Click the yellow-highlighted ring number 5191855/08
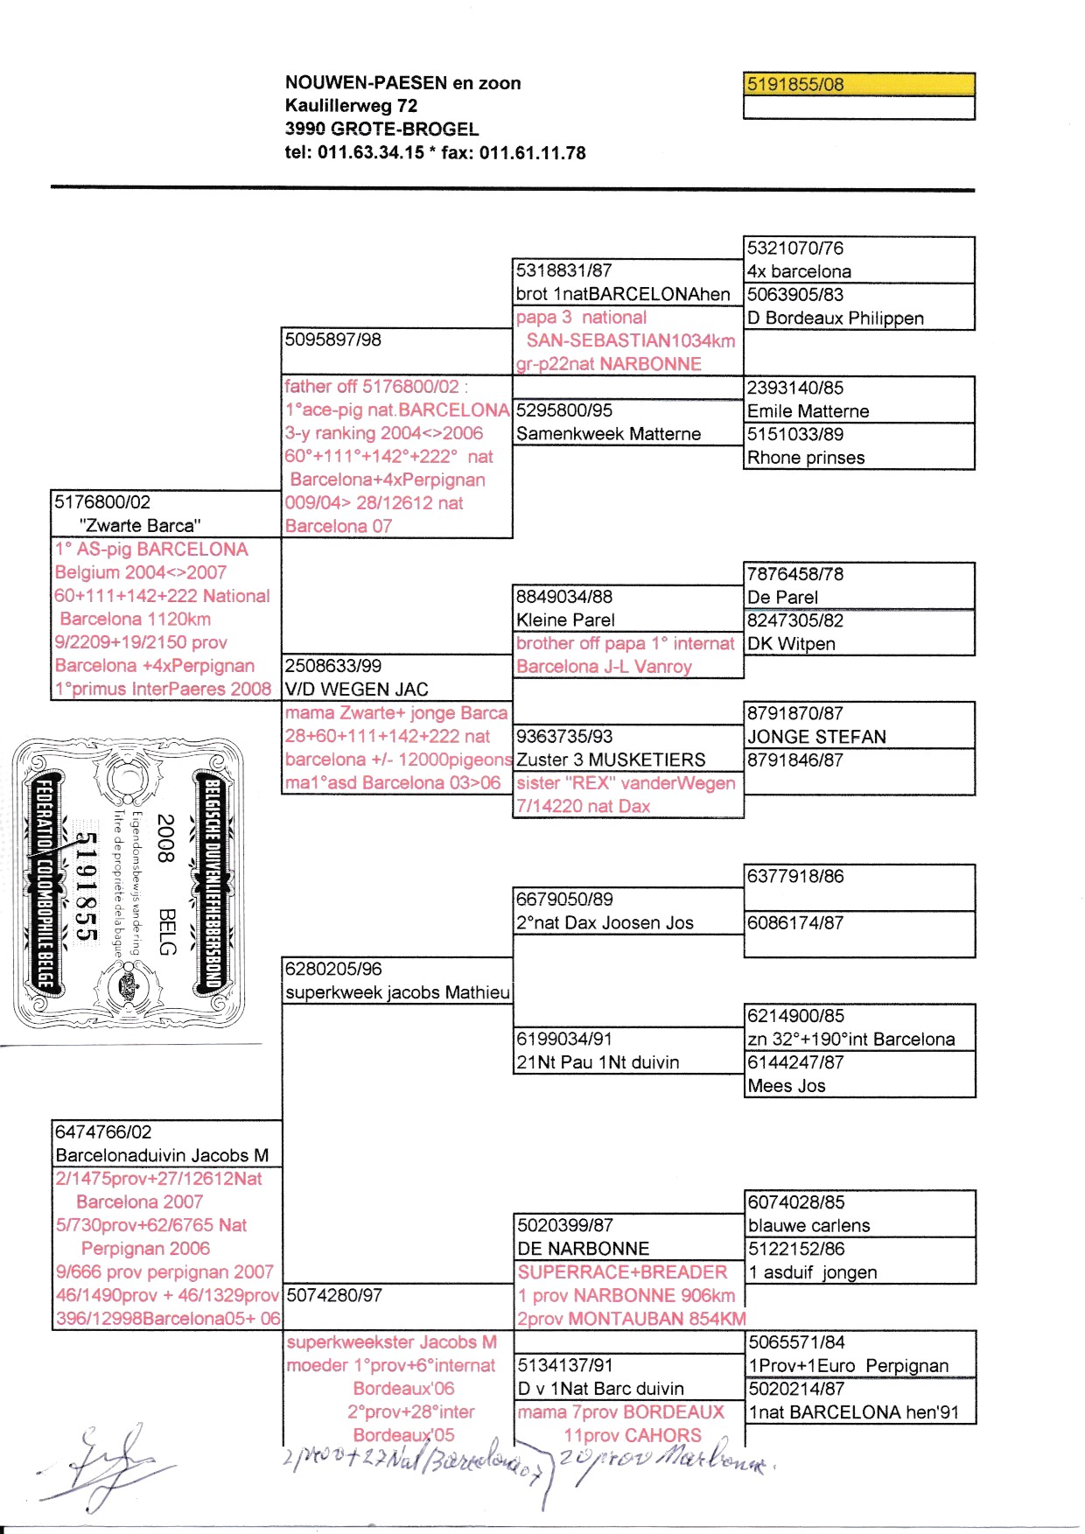coord(794,85)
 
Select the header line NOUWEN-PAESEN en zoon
coord(402,83)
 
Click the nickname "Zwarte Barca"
coord(140,526)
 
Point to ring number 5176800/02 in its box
coord(102,502)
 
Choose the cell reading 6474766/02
coord(103,1132)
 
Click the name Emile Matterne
coord(808,411)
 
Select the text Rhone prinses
coord(805,458)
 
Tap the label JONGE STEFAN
coord(815,737)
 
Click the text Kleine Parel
coord(565,620)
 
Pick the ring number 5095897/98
coord(333,340)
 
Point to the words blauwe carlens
coord(808,1226)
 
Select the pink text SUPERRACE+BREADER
coord(622,1272)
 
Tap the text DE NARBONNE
coord(583,1249)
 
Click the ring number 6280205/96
coord(333,970)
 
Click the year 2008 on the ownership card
coord(165,838)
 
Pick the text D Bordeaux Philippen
coord(835,319)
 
